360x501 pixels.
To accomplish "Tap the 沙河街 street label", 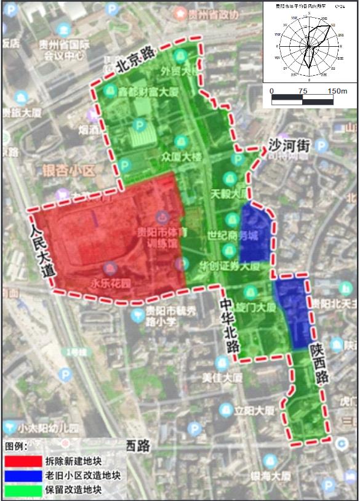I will point(287,146).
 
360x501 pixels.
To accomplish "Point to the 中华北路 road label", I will point(231,327).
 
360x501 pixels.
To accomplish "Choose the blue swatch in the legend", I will point(22,476).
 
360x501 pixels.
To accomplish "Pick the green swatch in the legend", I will point(22,491).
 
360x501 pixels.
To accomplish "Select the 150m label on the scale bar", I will point(338,91).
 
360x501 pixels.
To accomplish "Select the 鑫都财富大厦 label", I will point(148,92).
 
